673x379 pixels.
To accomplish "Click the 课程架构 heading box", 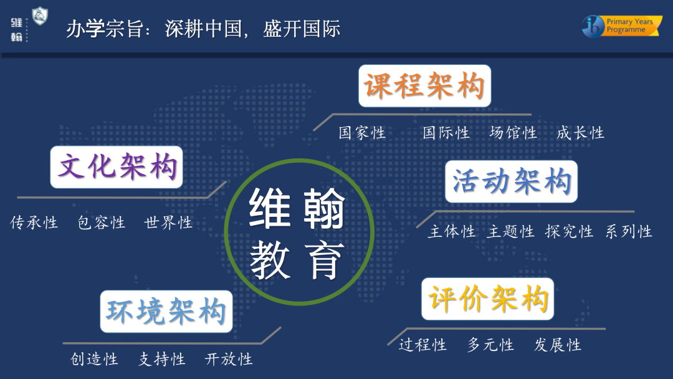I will [424, 85].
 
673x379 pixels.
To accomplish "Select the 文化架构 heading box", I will [117, 167].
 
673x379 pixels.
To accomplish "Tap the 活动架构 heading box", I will [511, 181].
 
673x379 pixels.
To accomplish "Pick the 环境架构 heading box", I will [166, 311].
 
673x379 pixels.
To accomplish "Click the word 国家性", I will [362, 133].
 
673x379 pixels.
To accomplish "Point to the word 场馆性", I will [513, 133].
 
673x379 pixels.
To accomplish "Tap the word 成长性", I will [580, 133].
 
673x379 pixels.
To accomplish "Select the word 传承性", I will [34, 223].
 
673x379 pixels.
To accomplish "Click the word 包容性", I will [101, 223].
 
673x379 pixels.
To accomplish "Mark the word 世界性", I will [168, 223].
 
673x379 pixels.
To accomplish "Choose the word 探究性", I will [569, 232].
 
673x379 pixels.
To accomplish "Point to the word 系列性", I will [629, 232].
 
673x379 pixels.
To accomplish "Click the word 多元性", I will [490, 345].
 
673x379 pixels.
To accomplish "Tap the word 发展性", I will [557, 345].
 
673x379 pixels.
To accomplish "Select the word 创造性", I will [94, 359].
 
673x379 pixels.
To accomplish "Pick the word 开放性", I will [229, 359].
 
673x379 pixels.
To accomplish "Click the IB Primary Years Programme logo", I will [622, 26].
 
